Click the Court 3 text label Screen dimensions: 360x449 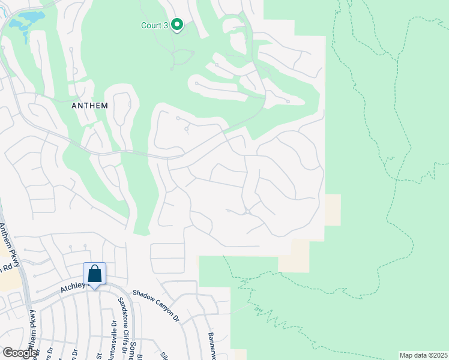(x=153, y=25)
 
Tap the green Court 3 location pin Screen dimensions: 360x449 (x=176, y=25)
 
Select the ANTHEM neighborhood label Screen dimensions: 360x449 (x=89, y=105)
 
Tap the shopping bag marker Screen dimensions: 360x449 (x=95, y=274)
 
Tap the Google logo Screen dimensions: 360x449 (x=19, y=353)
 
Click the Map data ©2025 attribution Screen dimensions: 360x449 (x=423, y=355)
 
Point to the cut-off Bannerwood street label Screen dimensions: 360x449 (x=211, y=345)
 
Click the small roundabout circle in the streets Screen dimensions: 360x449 (x=247, y=211)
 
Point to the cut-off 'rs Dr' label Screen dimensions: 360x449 (x=51, y=353)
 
